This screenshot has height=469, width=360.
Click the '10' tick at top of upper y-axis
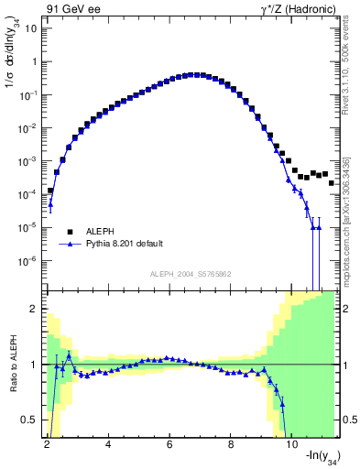(33, 28)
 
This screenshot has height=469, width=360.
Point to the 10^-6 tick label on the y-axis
(31, 261)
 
